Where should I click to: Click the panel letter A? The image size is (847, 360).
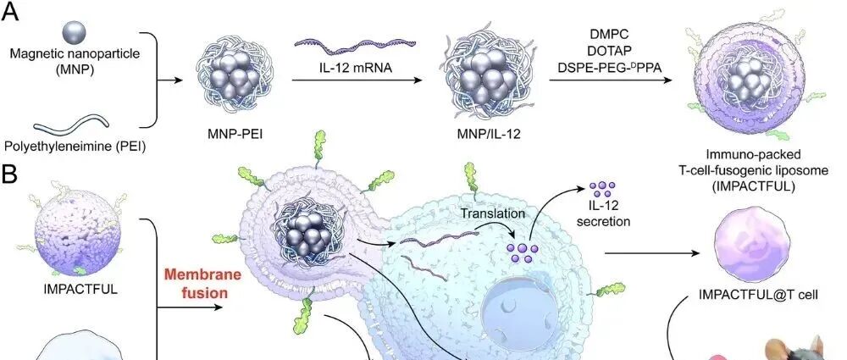(x=13, y=14)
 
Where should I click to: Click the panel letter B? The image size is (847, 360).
(x=12, y=176)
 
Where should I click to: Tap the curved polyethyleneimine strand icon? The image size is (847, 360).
(x=75, y=127)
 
